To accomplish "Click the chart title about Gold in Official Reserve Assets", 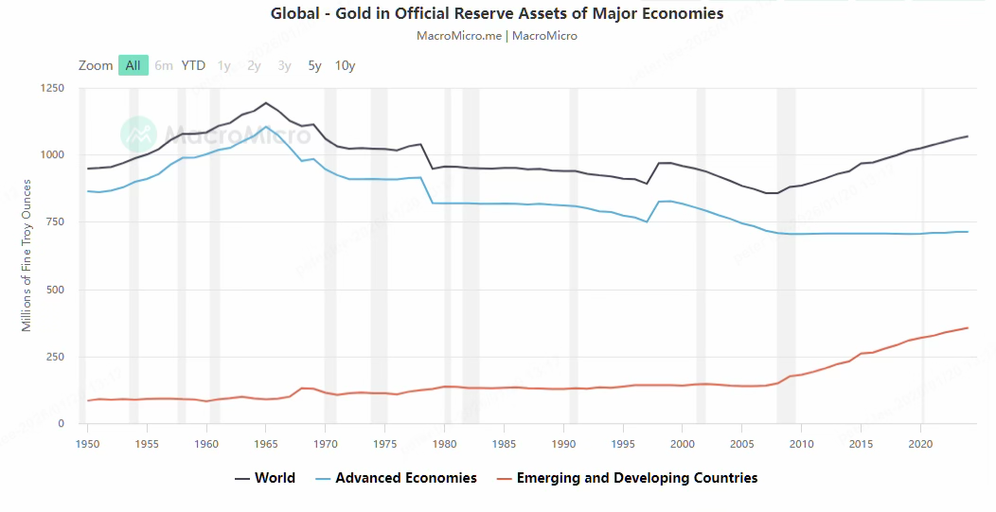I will pyautogui.click(x=497, y=13).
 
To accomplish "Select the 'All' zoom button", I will pyautogui.click(x=133, y=65).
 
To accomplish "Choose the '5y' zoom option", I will pyautogui.click(x=314, y=65).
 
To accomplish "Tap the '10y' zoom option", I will pyautogui.click(x=346, y=65).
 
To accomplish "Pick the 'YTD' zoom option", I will pyautogui.click(x=193, y=65).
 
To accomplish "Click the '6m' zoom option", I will pyautogui.click(x=164, y=65).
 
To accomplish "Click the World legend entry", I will pyautogui.click(x=265, y=478).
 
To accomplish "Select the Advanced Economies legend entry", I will pyautogui.click(x=395, y=478).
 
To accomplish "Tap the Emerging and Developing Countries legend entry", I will pyautogui.click(x=626, y=478).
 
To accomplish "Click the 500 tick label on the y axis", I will pyautogui.click(x=56, y=290).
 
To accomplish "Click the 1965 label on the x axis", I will pyautogui.click(x=266, y=442).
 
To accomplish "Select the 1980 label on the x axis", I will pyautogui.click(x=444, y=442).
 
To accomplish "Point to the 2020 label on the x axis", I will pyautogui.click(x=920, y=442).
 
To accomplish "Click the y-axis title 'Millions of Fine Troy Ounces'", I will pyautogui.click(x=27, y=256).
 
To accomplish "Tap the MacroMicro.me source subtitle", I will pyautogui.click(x=497, y=36).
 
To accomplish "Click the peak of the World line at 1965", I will pyautogui.click(x=266, y=102).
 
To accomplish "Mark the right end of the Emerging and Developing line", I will pyautogui.click(x=968, y=327).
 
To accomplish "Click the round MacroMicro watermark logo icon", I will pyautogui.click(x=138, y=134).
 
